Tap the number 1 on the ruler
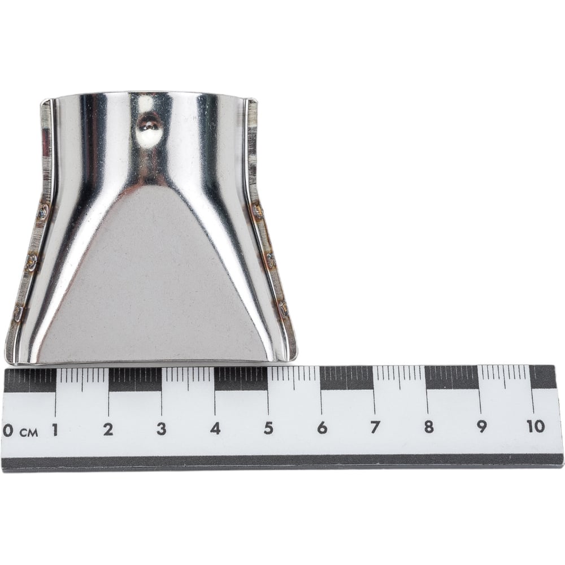[55, 429]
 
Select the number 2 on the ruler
[108, 429]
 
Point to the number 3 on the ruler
[161, 429]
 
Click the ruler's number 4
[215, 428]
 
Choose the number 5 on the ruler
[268, 428]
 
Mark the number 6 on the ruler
[322, 428]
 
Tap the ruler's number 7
[375, 427]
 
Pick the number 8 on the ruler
[428, 427]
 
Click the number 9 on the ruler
[482, 427]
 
